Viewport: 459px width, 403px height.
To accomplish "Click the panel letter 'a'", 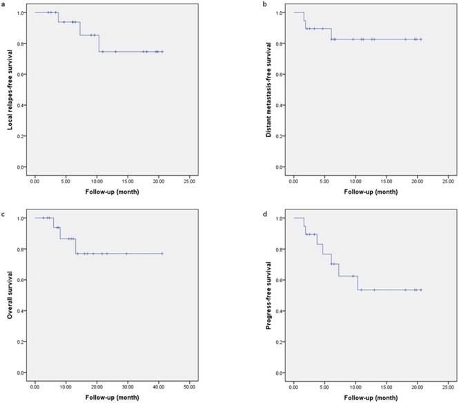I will coord(5,5).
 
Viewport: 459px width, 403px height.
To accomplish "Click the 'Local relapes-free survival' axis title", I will coord(10,90).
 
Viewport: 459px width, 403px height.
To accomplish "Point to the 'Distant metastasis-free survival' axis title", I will coord(269,90).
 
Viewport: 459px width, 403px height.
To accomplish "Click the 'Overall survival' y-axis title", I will coord(10,295).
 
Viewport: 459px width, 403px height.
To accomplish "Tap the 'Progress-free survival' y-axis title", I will coord(269,295).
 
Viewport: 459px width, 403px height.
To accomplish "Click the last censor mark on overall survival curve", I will coord(162,254).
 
